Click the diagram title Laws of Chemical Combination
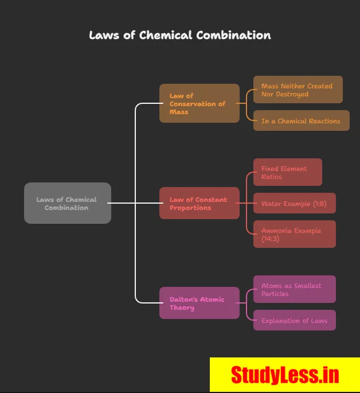point(180,35)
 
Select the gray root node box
point(67,203)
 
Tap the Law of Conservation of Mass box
point(199,103)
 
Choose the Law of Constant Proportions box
point(199,203)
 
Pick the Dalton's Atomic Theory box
point(199,303)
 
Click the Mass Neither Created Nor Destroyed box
point(298,90)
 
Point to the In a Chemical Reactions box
point(301,120)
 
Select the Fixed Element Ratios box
point(287,172)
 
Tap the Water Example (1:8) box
point(294,203)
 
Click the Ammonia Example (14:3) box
point(294,234)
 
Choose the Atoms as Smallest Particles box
point(294,289)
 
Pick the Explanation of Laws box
point(294,320)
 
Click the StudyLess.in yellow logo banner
point(285,375)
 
